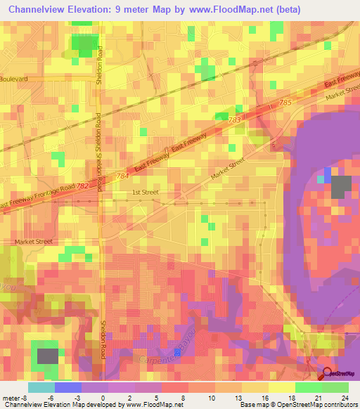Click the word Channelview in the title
click(x=38, y=10)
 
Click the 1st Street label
click(x=146, y=192)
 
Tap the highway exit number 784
click(x=122, y=176)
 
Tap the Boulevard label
click(x=14, y=79)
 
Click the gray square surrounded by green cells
click(x=47, y=356)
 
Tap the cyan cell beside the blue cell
click(x=321, y=179)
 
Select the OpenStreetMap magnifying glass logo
click(x=327, y=373)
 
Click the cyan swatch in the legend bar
click(x=41, y=387)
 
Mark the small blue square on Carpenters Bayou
click(x=177, y=353)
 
